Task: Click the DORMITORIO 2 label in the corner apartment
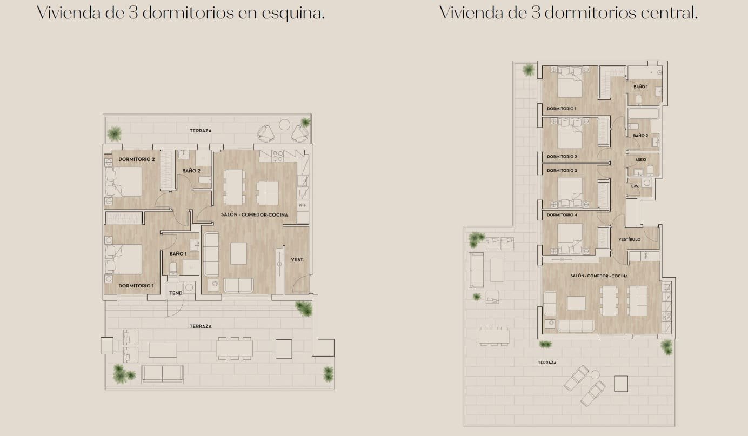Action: [x=137, y=159]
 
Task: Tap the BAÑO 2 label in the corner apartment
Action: [x=191, y=171]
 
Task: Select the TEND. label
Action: [x=176, y=293]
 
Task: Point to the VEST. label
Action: [x=297, y=259]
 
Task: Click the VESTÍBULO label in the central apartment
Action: [x=630, y=239]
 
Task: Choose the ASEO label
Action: [x=640, y=159]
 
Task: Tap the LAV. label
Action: [x=635, y=186]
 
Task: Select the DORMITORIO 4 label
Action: [x=562, y=215]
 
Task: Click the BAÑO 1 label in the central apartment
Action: [x=640, y=87]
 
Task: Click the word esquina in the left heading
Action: [x=293, y=14]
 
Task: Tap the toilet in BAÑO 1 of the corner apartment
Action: [x=173, y=269]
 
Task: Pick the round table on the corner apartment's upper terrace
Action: [x=284, y=125]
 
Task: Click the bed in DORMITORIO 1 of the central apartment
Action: [x=570, y=82]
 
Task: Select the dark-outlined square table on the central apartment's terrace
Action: [x=621, y=384]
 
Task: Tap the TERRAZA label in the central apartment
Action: [x=547, y=362]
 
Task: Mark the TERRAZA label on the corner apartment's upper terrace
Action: [x=201, y=131]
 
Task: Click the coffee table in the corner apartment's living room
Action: [x=238, y=253]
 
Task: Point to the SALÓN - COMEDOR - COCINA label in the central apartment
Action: [x=599, y=276]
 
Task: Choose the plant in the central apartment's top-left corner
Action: [x=528, y=70]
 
